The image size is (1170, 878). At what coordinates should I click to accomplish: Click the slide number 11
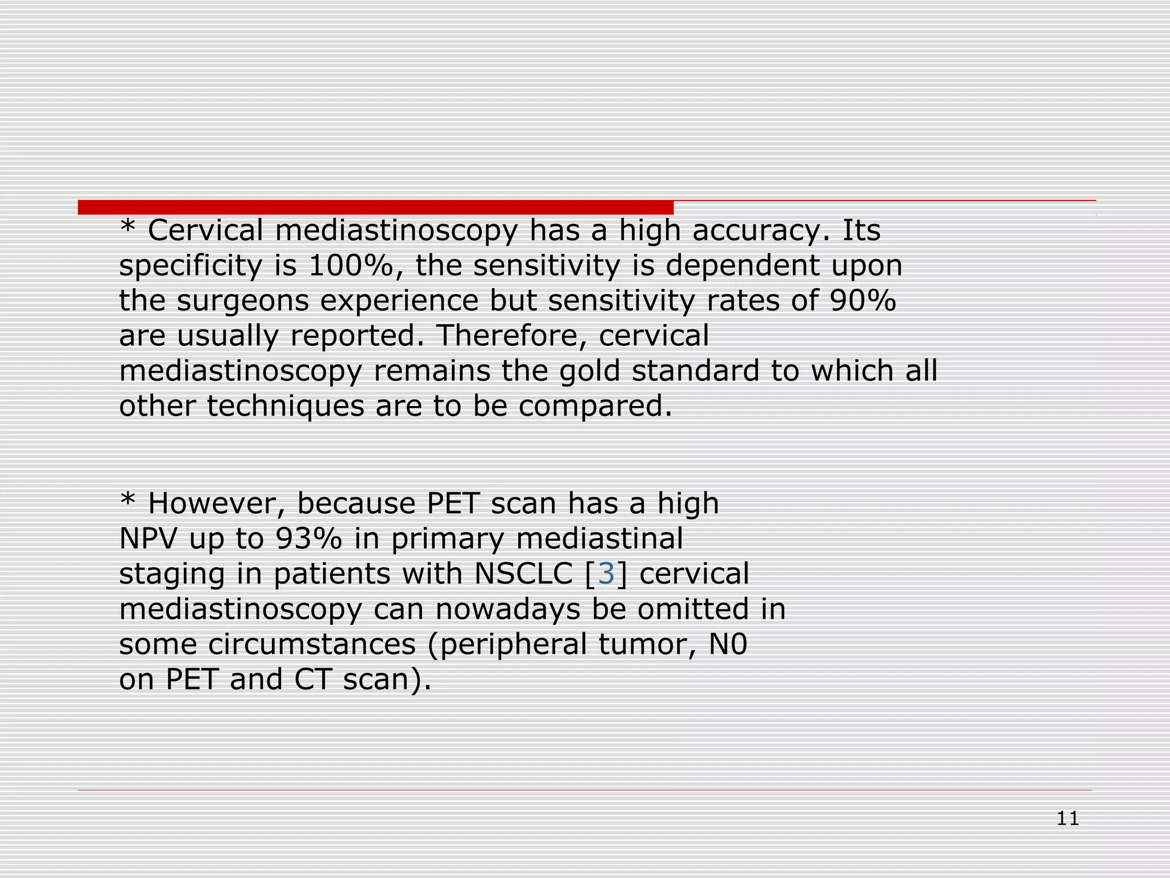click(x=1067, y=819)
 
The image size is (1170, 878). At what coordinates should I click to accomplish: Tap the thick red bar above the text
click(x=375, y=207)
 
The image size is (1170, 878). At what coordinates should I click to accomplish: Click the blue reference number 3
click(x=606, y=574)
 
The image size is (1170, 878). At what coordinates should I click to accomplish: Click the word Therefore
click(x=511, y=336)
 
